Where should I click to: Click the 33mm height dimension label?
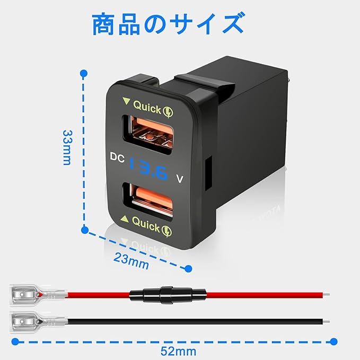67,147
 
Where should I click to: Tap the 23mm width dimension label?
131,261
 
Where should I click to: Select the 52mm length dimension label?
178,352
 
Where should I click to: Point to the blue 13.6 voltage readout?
148,169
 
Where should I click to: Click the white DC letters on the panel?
117,157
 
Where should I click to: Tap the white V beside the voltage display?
180,179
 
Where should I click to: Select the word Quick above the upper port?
147,107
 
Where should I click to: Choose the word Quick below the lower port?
146,224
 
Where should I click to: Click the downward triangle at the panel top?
127,101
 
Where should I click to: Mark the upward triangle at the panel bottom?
125,219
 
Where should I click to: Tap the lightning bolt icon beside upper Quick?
168,112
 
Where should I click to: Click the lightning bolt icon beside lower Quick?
166,231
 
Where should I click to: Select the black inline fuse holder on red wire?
168,295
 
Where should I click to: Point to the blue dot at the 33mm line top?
84,74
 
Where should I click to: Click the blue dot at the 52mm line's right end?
333,341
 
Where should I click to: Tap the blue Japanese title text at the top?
169,24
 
